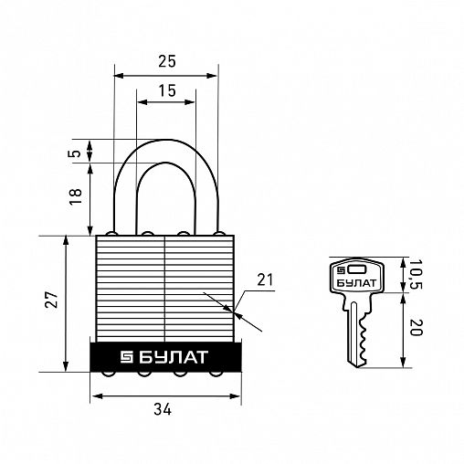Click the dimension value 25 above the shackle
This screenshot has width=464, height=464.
(x=167, y=61)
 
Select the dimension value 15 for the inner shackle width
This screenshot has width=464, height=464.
(x=167, y=90)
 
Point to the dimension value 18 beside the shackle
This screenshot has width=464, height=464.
(x=76, y=196)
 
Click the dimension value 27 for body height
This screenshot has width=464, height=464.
(x=51, y=300)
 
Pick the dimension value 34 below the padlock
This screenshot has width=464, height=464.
(x=163, y=409)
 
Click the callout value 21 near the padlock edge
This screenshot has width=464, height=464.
(x=265, y=279)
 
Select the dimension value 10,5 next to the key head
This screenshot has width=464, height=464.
(x=415, y=274)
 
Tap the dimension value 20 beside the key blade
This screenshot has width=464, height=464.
(x=416, y=328)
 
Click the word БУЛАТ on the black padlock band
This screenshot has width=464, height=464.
(x=174, y=357)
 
